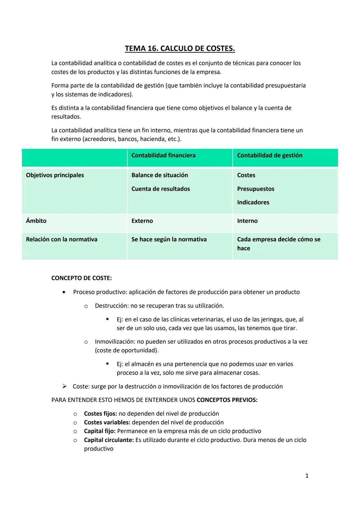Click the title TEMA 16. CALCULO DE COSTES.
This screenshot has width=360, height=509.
coord(180,49)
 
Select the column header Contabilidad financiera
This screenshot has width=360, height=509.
coord(163,155)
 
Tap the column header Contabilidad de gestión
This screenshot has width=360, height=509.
coord(269,155)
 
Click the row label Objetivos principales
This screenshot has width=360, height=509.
coord(55,175)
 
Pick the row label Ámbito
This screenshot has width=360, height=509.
coord(36,221)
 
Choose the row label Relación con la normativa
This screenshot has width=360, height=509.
coord(62,239)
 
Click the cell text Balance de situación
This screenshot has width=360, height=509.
coord(159,175)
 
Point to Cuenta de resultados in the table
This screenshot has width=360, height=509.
coord(160,189)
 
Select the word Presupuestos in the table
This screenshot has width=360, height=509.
coord(255,189)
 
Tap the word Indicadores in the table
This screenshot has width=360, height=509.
coord(253,202)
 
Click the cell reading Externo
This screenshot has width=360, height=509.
coord(142,221)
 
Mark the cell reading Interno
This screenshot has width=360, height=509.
coord(247,221)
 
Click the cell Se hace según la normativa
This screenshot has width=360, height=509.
coord(169,239)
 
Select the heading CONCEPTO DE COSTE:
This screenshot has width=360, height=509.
coord(81,278)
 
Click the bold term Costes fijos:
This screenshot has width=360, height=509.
coord(100,413)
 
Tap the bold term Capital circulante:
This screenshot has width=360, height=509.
coord(109,440)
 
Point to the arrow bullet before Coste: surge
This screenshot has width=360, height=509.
coord(65,386)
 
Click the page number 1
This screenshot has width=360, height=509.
coord(307,476)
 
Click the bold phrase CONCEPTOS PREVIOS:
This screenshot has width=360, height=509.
coord(227,400)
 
